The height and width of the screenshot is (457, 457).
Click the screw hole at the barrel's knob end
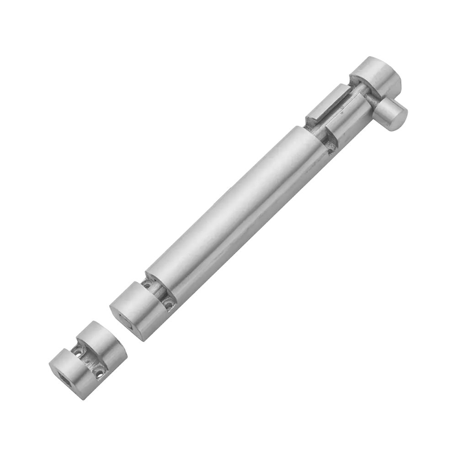point(329,144)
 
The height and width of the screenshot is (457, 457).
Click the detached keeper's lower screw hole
point(99,372)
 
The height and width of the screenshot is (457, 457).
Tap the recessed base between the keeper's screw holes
point(90,361)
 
